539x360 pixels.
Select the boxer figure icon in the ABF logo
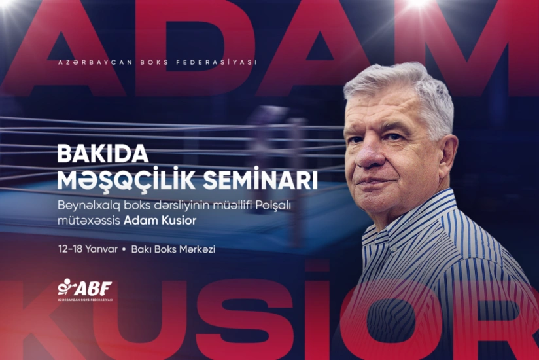coord(65,287)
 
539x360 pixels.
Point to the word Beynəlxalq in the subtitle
coord(84,204)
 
